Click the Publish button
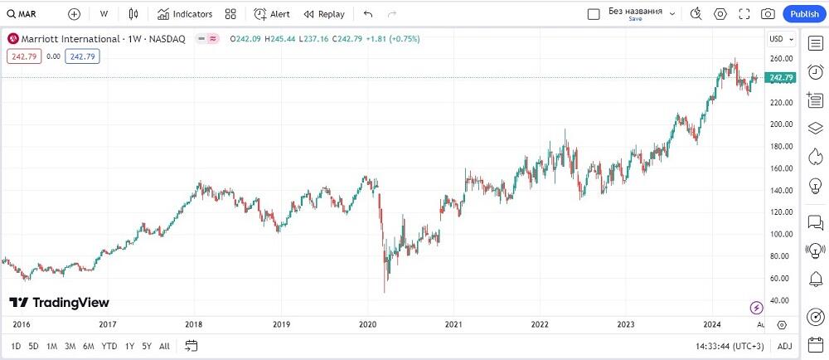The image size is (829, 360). (804, 14)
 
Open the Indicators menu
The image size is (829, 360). (185, 14)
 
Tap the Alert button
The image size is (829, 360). (272, 14)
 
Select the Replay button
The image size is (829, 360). (323, 14)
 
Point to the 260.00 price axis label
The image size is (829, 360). (781, 58)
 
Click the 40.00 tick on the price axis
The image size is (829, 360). (781, 300)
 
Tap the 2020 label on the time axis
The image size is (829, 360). (367, 324)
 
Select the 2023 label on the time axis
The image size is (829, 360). (626, 324)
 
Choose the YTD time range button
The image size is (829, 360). (109, 346)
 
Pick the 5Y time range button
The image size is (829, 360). (146, 346)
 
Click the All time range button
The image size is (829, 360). (164, 346)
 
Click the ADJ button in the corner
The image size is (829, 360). (783, 346)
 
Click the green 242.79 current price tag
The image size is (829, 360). (781, 78)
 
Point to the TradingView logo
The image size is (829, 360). (59, 303)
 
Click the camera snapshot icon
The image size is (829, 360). (768, 14)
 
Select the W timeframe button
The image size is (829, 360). (104, 14)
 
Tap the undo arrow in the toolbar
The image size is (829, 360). (368, 14)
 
